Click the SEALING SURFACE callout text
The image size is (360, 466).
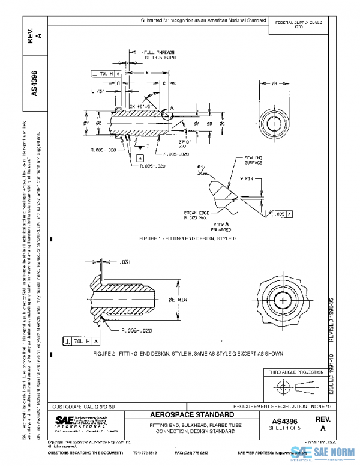pyautogui.click(x=253, y=160)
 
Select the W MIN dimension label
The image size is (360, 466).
pyautogui.click(x=247, y=178)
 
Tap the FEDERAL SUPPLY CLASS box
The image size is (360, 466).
pyautogui.click(x=298, y=24)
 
